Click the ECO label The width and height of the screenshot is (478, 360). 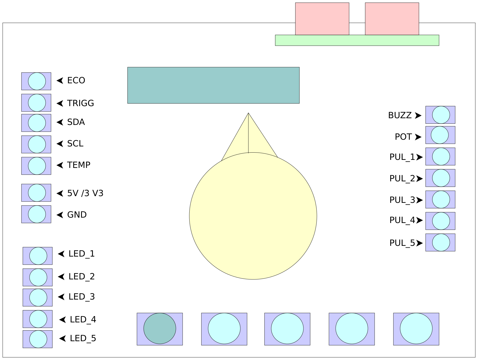(x=76, y=80)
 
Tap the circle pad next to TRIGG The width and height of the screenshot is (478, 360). (x=37, y=103)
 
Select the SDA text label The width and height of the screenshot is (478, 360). (x=76, y=122)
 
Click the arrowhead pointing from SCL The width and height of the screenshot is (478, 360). (x=60, y=144)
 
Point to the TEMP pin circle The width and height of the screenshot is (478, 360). (x=37, y=166)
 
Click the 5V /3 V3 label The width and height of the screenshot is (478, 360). (x=85, y=193)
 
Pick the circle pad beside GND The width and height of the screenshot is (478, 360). (x=37, y=214)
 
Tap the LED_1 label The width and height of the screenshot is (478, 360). (x=82, y=254)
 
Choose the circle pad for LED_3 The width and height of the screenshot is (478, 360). (x=38, y=297)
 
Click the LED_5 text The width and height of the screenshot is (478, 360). (x=83, y=338)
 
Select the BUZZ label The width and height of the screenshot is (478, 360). (x=400, y=115)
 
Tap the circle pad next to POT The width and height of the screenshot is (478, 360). (x=440, y=135)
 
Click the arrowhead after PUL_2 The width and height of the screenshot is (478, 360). (x=419, y=179)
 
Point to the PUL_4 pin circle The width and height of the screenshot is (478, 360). (x=441, y=221)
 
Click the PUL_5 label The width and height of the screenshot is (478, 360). (x=402, y=243)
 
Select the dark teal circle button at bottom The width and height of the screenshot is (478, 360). (x=160, y=328)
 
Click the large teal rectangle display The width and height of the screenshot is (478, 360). (x=213, y=85)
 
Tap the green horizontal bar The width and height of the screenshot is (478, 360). (x=357, y=40)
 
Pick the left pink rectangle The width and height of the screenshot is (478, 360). (x=322, y=19)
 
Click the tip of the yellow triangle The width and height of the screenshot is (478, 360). (x=248, y=114)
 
